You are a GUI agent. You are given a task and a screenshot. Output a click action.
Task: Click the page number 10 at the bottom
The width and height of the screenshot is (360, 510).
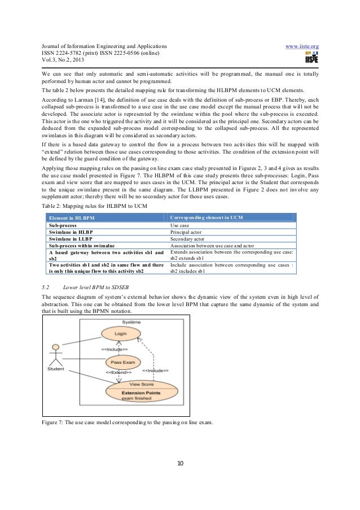click(x=180, y=464)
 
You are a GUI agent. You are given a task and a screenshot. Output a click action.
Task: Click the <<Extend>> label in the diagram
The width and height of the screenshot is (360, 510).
click(x=119, y=373)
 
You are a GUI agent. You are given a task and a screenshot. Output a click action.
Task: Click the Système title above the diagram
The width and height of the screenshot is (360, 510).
click(x=120, y=321)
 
